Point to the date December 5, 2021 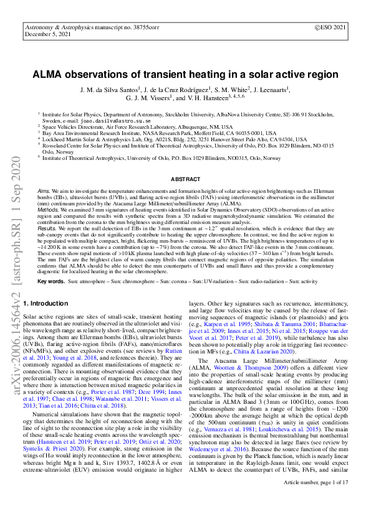[x=47, y=35]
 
